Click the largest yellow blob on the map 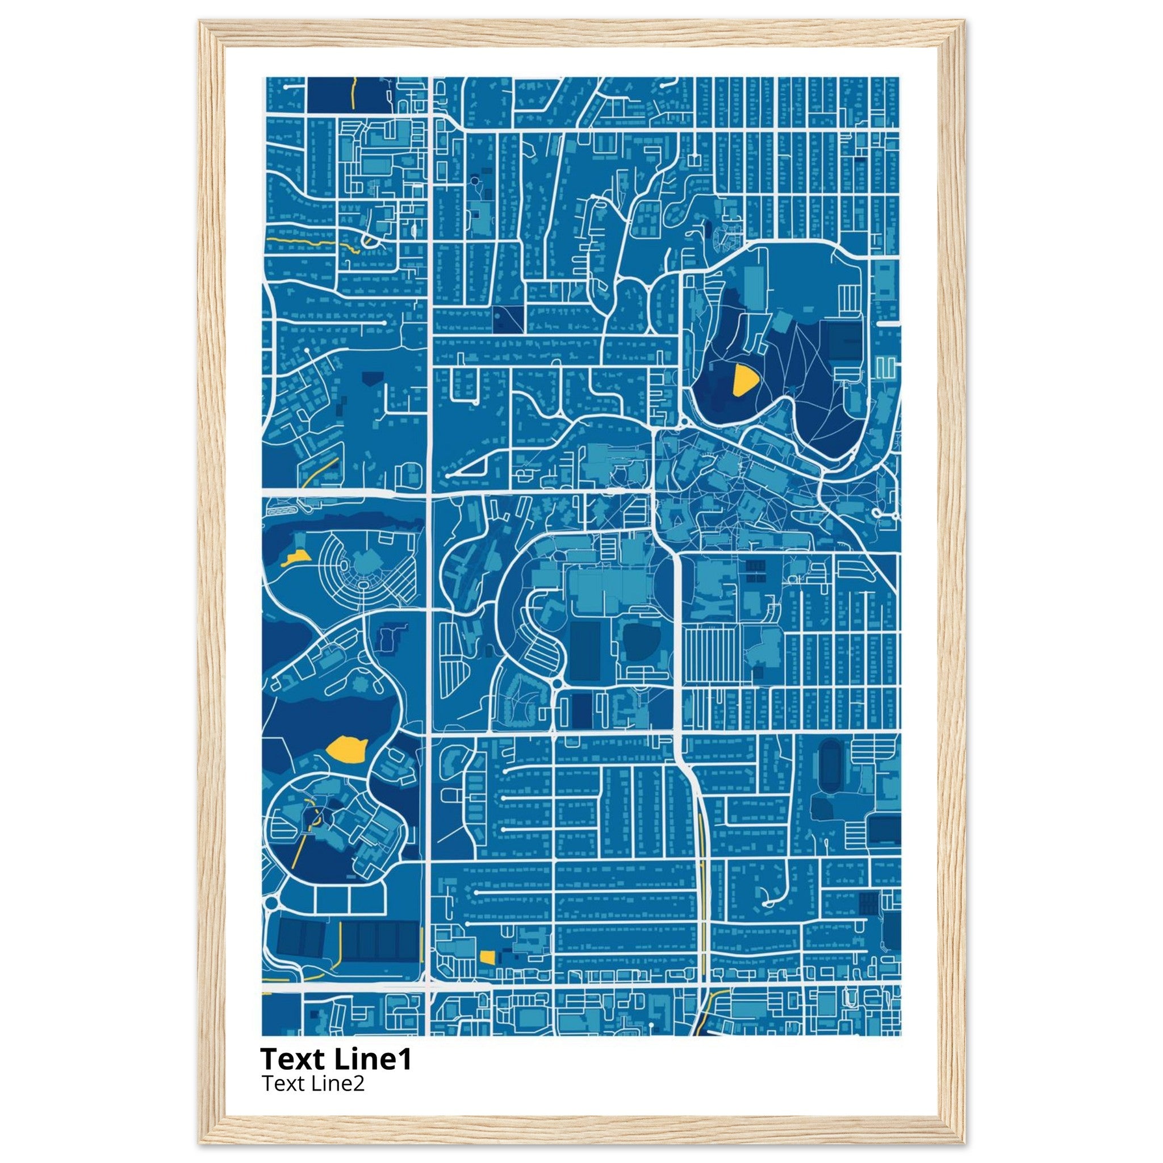(x=347, y=750)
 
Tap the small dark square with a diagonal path (x=508, y=319)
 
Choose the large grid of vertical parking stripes (x=712, y=655)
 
